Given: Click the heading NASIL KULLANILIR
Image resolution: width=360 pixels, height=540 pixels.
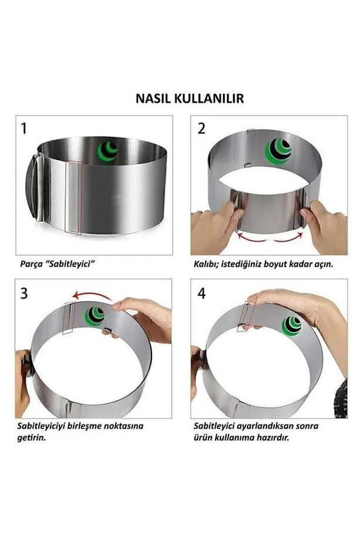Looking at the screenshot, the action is (x=190, y=98).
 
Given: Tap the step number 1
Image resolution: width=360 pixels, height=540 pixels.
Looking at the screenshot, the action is (x=23, y=129).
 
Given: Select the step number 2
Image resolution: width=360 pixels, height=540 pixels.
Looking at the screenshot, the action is (x=201, y=129).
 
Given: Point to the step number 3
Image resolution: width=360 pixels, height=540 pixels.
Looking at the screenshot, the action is (x=24, y=293).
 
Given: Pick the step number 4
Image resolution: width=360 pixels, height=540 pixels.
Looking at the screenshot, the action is (x=201, y=293).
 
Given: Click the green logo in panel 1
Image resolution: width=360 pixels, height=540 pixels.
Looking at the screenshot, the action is (x=108, y=150).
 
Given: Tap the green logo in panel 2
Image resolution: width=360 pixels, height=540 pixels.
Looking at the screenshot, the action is (x=278, y=151).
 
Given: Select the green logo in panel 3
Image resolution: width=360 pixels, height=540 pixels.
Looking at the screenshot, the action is (x=95, y=316).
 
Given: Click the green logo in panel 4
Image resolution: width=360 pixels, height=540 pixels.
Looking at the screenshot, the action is (x=291, y=326).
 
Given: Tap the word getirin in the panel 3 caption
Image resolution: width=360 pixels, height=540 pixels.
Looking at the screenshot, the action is (x=31, y=438).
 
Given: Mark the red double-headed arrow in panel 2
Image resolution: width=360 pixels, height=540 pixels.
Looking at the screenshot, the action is (x=270, y=238).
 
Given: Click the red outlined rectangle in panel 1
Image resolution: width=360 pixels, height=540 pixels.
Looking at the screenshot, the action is (x=73, y=197).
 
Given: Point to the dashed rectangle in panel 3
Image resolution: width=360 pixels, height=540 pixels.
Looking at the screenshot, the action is (x=69, y=318).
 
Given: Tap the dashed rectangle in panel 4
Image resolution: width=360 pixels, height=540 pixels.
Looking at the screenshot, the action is (x=246, y=316).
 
